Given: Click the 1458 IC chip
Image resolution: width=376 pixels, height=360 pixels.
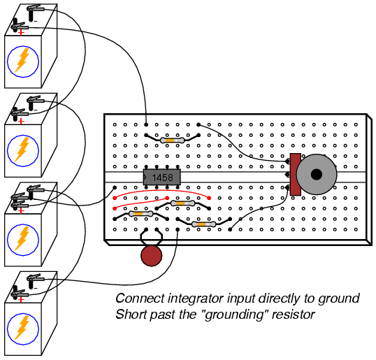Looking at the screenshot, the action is (x=162, y=178).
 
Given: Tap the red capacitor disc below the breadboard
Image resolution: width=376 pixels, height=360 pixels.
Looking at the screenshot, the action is (x=152, y=256).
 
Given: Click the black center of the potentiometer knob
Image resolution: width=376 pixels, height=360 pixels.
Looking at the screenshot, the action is (x=317, y=174).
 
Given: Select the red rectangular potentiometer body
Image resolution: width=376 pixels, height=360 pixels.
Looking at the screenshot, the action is (x=296, y=174).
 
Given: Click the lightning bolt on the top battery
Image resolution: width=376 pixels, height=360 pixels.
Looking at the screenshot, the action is (x=22, y=60).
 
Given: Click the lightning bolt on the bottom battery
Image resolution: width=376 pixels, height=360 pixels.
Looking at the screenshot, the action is (x=22, y=328).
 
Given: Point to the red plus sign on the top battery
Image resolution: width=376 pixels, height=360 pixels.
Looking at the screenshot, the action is (x=22, y=32).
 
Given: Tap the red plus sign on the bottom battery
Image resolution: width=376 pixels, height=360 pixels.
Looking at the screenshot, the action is (x=22, y=300).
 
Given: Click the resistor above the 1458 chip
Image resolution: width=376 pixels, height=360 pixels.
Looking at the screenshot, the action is (x=172, y=141).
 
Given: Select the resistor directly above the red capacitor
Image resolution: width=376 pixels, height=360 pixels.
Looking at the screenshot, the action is (x=140, y=214).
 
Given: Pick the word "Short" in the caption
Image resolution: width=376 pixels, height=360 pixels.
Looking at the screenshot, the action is (x=131, y=314).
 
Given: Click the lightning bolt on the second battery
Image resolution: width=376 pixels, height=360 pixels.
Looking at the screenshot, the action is (x=22, y=149).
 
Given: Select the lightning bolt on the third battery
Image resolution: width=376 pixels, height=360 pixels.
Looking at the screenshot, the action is (x=22, y=238).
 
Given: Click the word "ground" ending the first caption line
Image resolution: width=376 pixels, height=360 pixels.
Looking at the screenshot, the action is (x=339, y=298).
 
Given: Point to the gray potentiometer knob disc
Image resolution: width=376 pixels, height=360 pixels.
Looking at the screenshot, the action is (x=317, y=174).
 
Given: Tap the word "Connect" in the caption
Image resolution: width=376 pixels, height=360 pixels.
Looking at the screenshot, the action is (x=140, y=298).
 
